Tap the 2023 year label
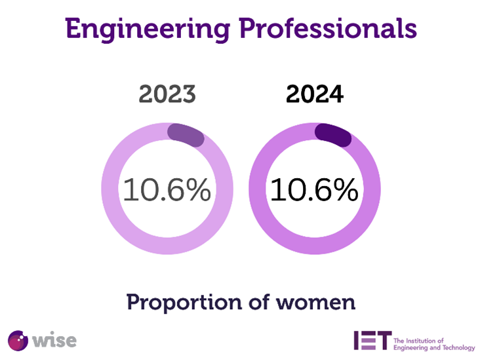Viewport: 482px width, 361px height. click(167, 95)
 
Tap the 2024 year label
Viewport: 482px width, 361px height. click(314, 95)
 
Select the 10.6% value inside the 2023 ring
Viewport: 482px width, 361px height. click(167, 190)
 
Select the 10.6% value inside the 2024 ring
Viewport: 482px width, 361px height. click(314, 190)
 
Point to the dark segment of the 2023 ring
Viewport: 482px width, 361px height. click(186, 134)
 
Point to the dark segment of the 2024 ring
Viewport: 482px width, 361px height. click(333, 134)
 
